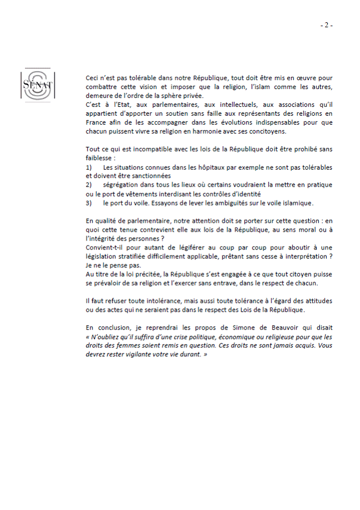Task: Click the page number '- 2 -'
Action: click(x=326, y=25)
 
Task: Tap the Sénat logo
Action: click(x=36, y=85)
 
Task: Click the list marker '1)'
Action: click(x=89, y=168)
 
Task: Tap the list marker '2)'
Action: click(x=89, y=185)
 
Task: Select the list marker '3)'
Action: click(x=89, y=203)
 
